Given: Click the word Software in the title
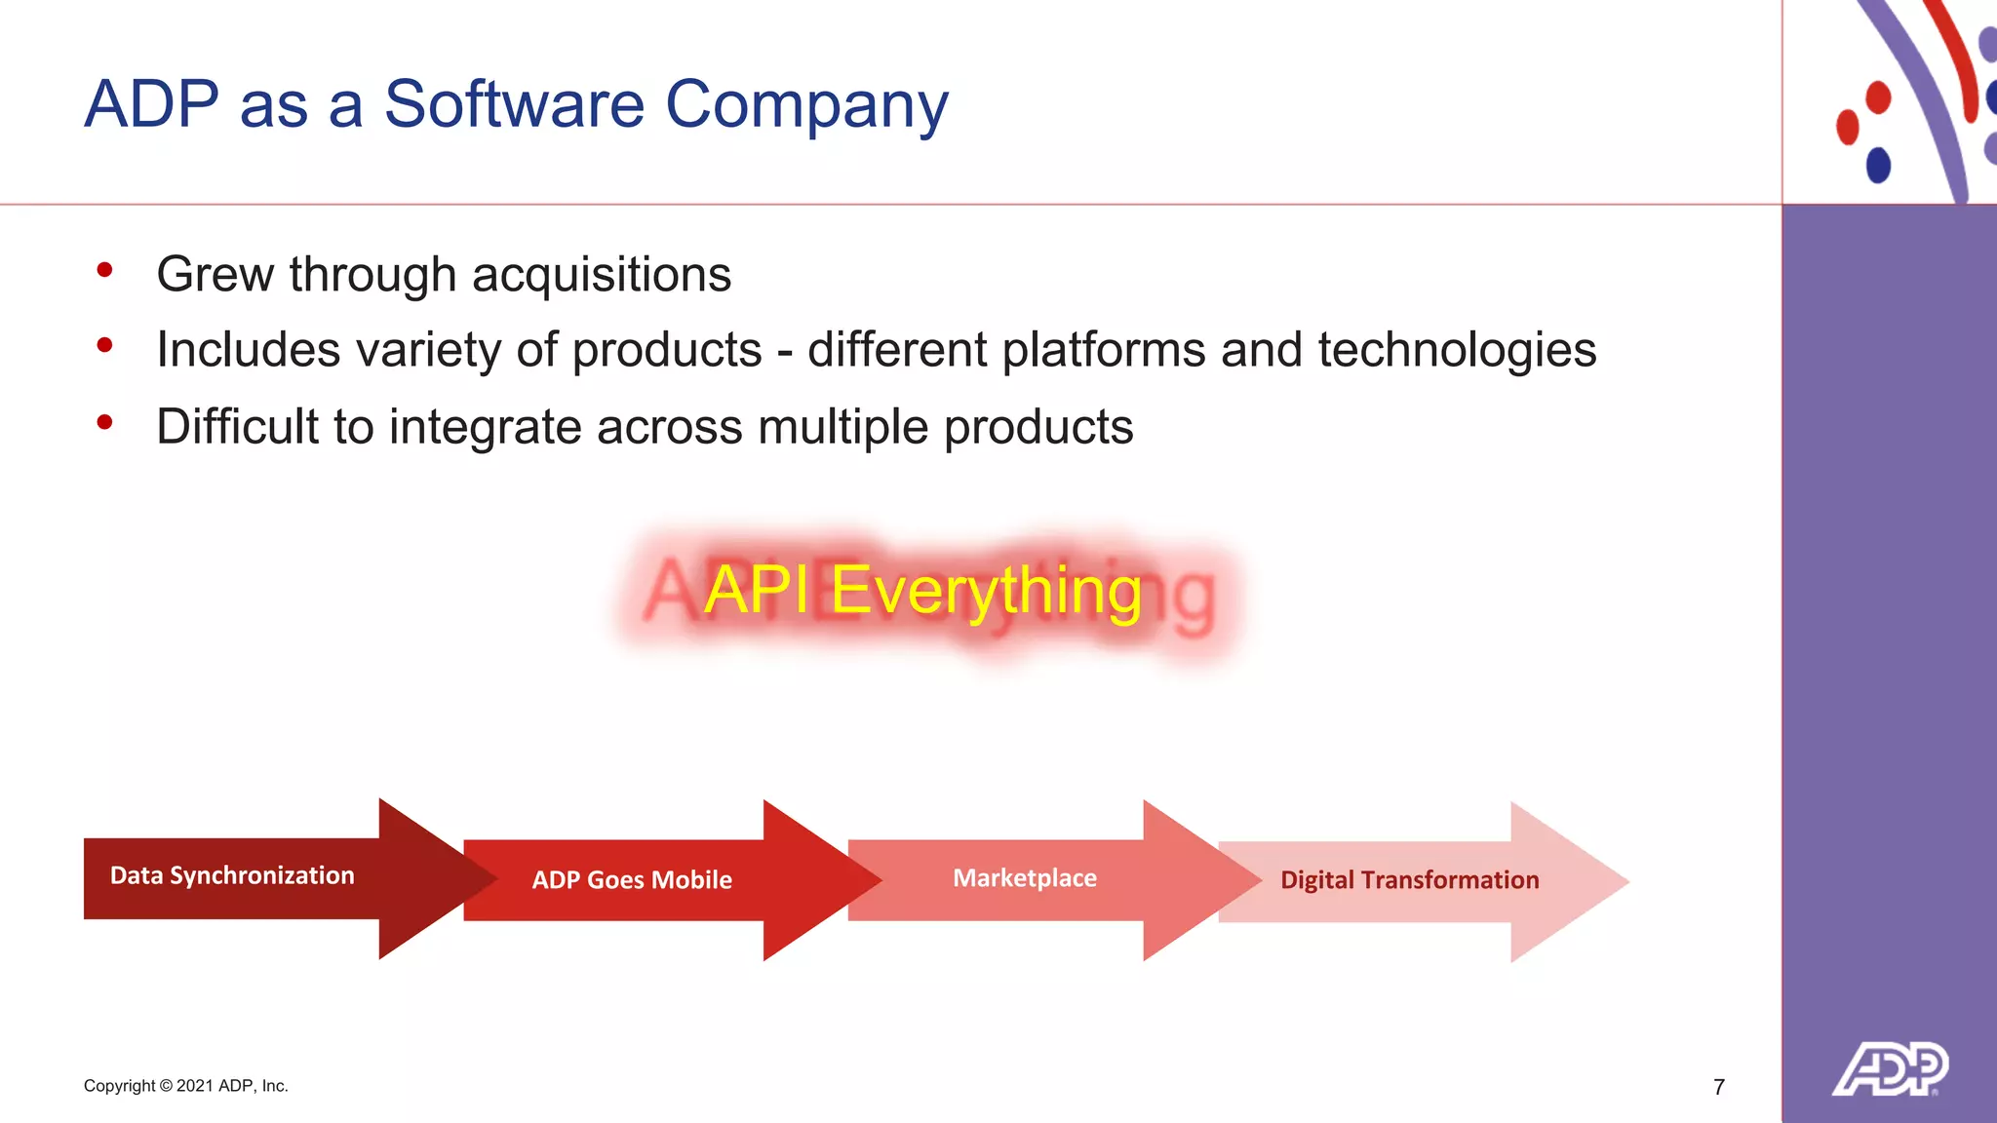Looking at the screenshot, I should pyautogui.click(x=514, y=104).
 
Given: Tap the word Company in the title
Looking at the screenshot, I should pyautogui.click(x=806, y=104).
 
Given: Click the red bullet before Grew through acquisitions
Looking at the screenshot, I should pyautogui.click(x=105, y=270).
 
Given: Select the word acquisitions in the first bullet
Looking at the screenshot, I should pyautogui.click(x=602, y=275).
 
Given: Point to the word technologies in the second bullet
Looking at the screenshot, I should pyautogui.click(x=1457, y=350).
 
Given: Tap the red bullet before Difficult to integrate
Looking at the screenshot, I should pyautogui.click(x=105, y=422).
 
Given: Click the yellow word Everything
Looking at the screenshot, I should pyautogui.click(x=985, y=591).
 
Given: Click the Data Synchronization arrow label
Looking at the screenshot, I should pyautogui.click(x=232, y=875).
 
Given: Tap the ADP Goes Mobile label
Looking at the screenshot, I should pyautogui.click(x=632, y=879).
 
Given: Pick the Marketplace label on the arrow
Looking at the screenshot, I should pyautogui.click(x=1025, y=878).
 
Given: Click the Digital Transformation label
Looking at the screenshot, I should pyautogui.click(x=1409, y=880).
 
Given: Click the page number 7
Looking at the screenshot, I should pyautogui.click(x=1719, y=1087).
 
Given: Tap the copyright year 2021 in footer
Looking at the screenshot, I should pyautogui.click(x=195, y=1086).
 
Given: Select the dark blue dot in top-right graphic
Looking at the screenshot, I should pyautogui.click(x=1878, y=165).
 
